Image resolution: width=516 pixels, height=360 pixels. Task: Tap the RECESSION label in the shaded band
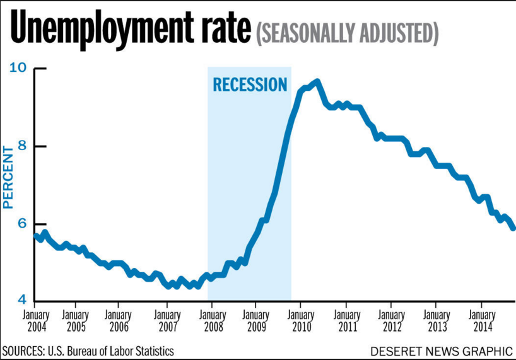[250, 84]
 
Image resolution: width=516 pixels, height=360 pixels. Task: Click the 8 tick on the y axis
[23, 146]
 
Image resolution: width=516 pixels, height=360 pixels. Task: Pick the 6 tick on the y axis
[23, 224]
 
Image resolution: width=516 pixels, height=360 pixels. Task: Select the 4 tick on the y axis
[23, 301]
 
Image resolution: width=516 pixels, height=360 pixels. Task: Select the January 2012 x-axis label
[391, 320]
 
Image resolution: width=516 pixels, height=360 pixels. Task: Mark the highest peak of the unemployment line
[317, 81]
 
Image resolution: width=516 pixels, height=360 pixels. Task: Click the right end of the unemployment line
[513, 228]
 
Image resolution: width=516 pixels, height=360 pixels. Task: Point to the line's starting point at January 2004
[35, 236]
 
